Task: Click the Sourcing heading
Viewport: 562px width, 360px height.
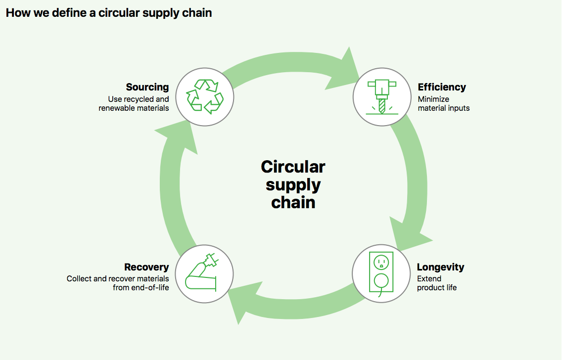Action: (x=147, y=87)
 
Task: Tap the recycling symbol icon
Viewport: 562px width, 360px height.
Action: (x=205, y=97)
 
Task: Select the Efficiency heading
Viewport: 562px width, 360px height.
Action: (x=442, y=87)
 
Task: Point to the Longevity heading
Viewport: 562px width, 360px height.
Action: (x=440, y=267)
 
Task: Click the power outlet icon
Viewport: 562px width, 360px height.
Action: (x=381, y=274)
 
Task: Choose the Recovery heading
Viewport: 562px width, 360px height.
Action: (x=146, y=267)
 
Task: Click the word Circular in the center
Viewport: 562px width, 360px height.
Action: (x=293, y=167)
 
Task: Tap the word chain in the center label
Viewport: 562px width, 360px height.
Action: (x=293, y=202)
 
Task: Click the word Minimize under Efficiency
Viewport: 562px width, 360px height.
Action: (x=433, y=99)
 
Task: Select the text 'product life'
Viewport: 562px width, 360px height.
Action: (x=436, y=288)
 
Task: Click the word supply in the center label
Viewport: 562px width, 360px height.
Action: (x=293, y=185)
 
